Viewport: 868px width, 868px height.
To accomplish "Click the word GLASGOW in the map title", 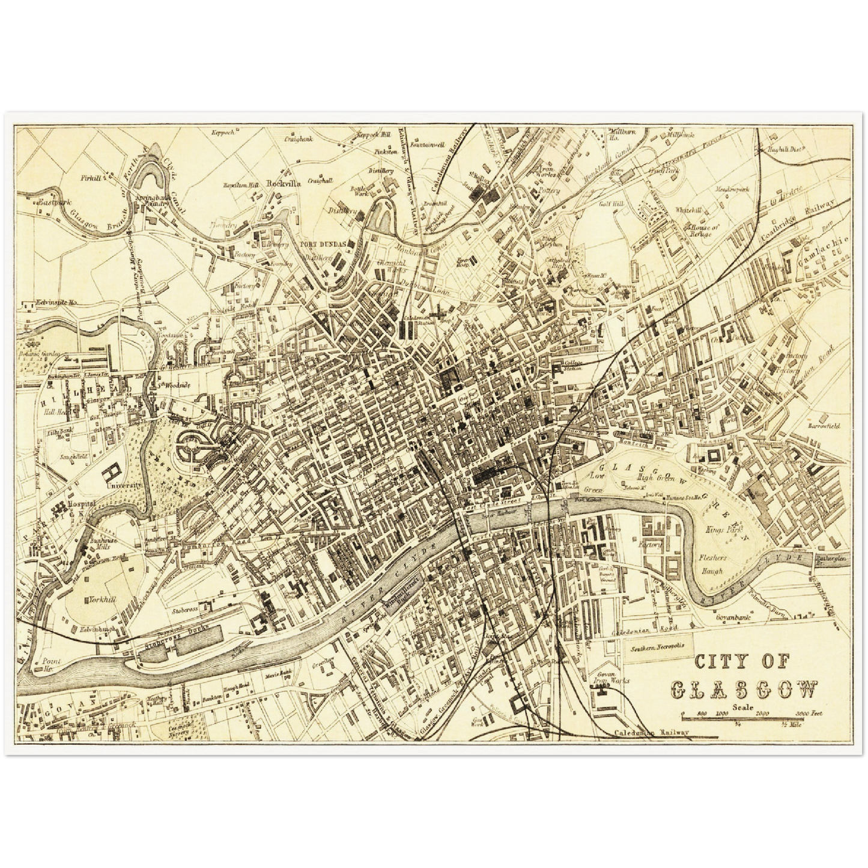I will click(x=744, y=690).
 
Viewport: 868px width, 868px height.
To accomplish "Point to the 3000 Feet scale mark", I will click(x=807, y=714).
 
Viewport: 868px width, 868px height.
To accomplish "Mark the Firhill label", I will click(x=92, y=178).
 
